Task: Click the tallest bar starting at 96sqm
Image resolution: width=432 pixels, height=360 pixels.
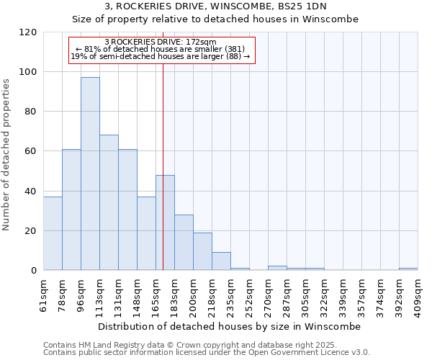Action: pos(90,174)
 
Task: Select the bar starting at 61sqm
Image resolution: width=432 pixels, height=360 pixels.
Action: pos(53,233)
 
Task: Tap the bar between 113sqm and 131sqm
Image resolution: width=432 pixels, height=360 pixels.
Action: pos(109,202)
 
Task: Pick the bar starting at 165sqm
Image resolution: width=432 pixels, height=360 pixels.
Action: pos(165,222)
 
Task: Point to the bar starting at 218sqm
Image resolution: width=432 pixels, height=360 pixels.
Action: pos(221,261)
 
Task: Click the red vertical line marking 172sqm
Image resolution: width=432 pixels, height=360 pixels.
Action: pos(163,144)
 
